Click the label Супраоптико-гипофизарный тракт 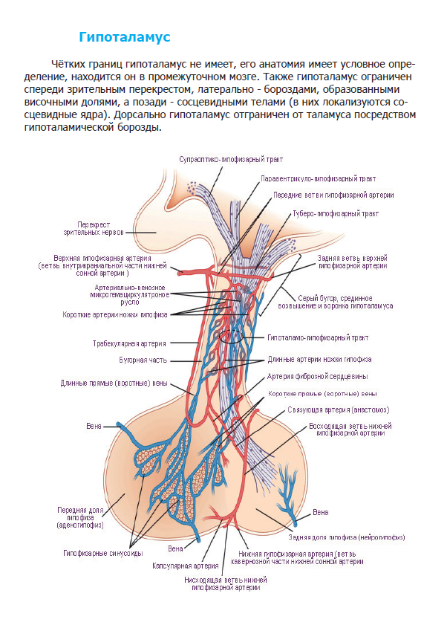pos(231,159)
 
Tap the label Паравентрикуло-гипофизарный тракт pos(318,178)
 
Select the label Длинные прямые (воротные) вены pos(114,383)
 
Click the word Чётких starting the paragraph pos(65,65)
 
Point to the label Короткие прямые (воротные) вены pos(322,393)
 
